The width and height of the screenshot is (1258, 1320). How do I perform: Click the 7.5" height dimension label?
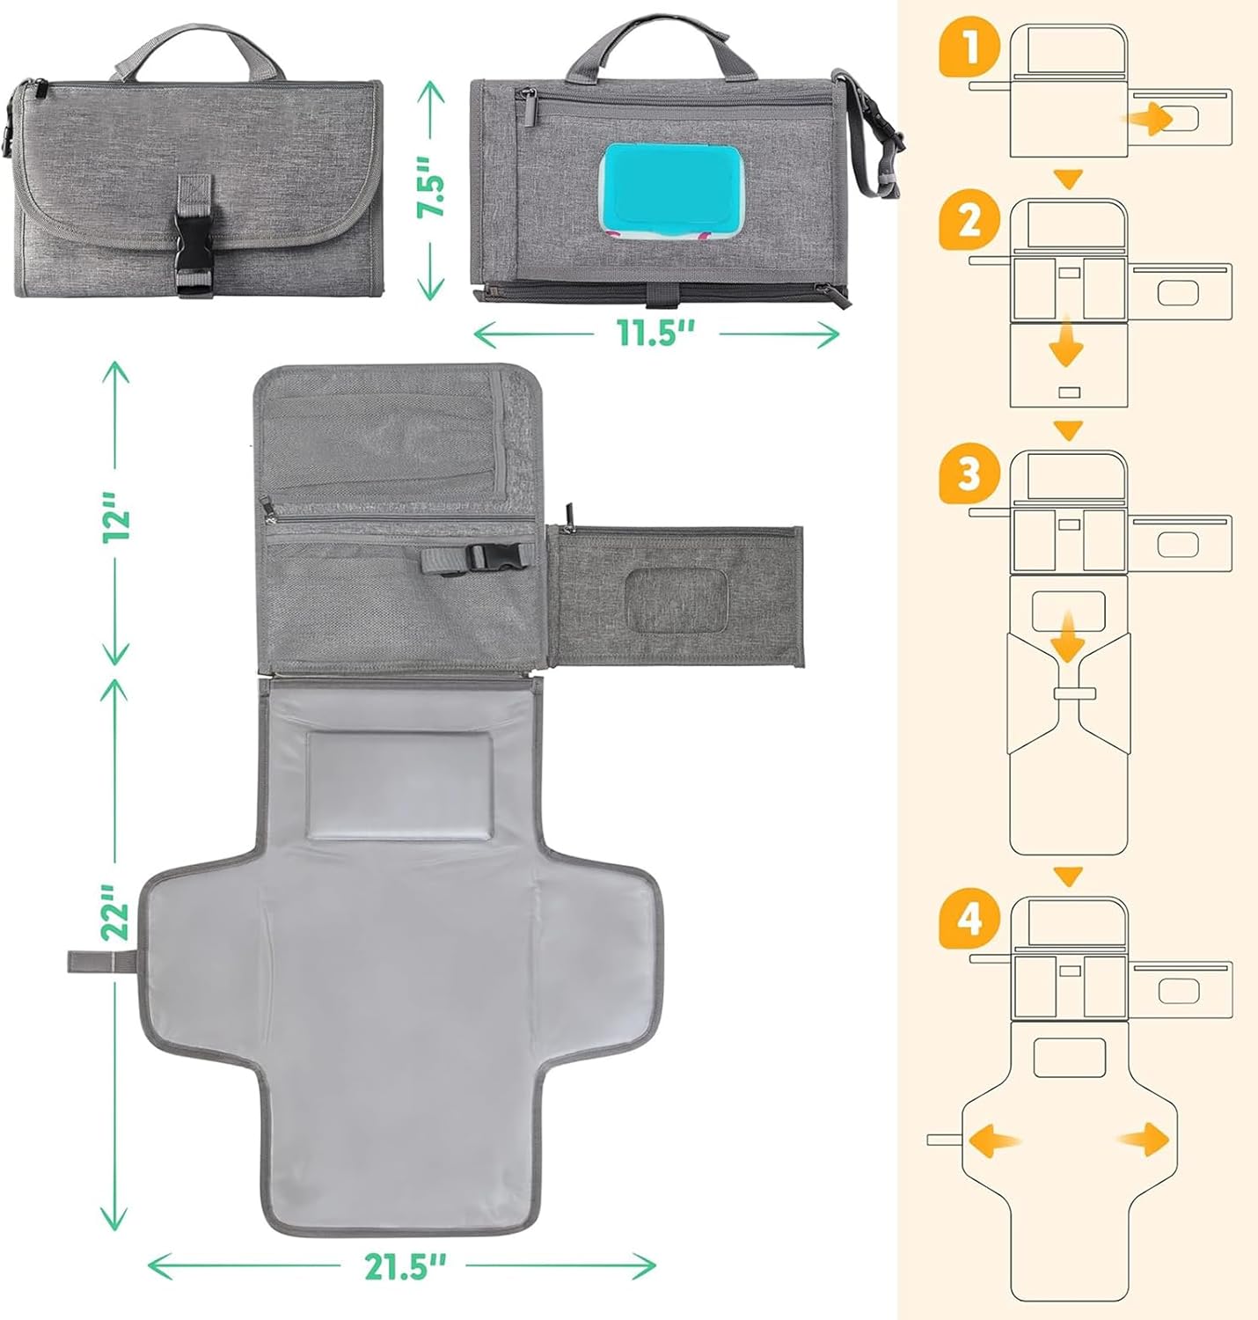click(x=433, y=187)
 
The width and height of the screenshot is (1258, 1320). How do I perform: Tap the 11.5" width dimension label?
click(x=655, y=333)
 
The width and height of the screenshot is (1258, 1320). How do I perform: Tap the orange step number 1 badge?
click(x=970, y=49)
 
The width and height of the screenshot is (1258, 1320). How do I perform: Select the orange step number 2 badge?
click(x=970, y=221)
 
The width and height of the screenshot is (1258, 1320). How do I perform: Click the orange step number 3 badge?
click(x=970, y=475)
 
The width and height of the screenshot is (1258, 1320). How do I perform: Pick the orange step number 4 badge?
click(x=970, y=921)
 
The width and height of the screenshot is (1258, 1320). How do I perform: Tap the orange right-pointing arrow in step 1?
click(x=1153, y=117)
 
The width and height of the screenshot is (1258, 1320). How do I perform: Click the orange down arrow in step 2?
click(x=1068, y=342)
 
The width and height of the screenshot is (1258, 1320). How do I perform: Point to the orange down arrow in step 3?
click(x=1068, y=642)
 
